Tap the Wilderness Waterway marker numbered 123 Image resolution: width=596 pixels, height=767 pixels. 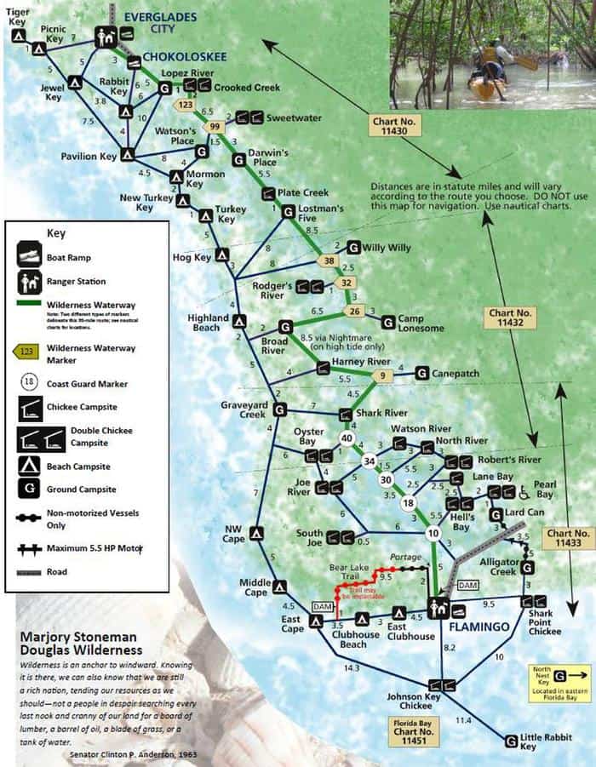(x=183, y=105)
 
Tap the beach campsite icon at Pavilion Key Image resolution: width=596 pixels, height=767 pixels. (x=127, y=155)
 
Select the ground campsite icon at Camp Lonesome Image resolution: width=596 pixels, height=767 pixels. (x=388, y=322)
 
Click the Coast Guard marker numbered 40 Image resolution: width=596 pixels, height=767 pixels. (x=347, y=438)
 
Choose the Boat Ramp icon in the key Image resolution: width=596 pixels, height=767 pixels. (x=29, y=253)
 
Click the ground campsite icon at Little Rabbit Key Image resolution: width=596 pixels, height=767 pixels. (x=511, y=741)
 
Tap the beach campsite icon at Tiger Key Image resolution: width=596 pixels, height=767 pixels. (x=18, y=37)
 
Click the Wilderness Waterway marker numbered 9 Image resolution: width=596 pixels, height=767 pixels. (x=383, y=375)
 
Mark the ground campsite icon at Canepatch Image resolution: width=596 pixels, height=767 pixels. (x=421, y=373)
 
